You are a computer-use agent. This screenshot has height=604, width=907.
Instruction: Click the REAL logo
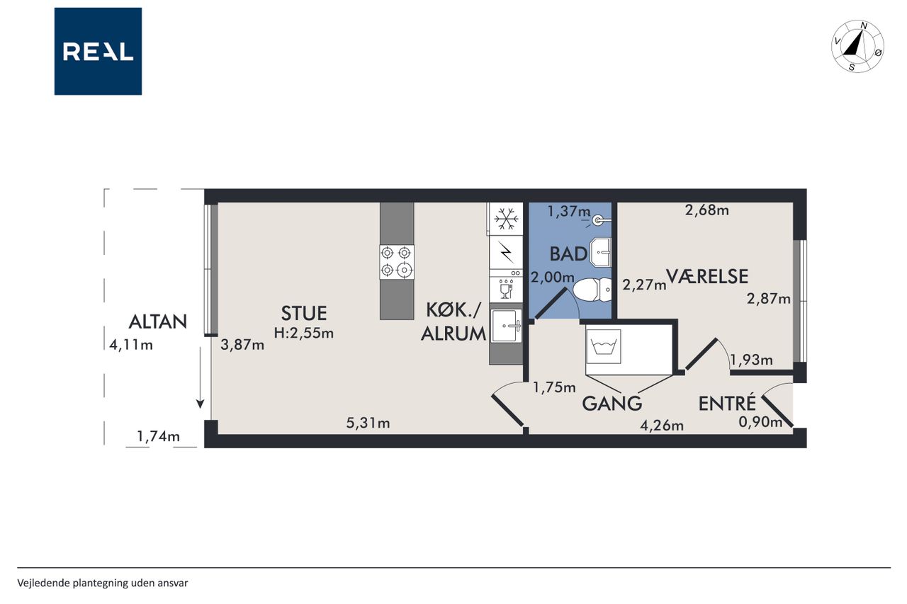pyautogui.click(x=98, y=52)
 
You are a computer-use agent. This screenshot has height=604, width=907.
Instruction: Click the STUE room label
pyautogui.click(x=304, y=314)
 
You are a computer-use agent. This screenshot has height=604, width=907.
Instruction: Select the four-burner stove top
pyautogui.click(x=397, y=262)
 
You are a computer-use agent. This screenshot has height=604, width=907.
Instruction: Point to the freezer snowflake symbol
pyautogui.click(x=506, y=219)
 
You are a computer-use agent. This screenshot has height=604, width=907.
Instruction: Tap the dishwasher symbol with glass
pyautogui.click(x=506, y=289)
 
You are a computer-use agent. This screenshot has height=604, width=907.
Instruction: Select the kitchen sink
pyautogui.click(x=506, y=326)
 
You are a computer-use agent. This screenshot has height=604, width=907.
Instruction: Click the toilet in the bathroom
pyautogui.click(x=592, y=290)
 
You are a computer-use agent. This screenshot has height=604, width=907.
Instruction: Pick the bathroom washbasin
pyautogui.click(x=601, y=252)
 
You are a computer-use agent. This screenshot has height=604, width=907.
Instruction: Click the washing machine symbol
pyautogui.click(x=603, y=346)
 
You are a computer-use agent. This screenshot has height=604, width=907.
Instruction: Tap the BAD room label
pyautogui.click(x=568, y=254)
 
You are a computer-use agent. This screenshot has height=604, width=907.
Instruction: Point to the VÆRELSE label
pyautogui.click(x=707, y=277)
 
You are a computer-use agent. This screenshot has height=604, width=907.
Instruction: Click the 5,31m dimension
pyautogui.click(x=368, y=423)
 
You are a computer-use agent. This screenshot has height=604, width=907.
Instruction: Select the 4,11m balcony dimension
pyautogui.click(x=131, y=345)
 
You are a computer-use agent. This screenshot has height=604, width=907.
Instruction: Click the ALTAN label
pyautogui.click(x=157, y=322)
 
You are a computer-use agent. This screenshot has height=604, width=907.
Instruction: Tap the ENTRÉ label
pyautogui.click(x=727, y=403)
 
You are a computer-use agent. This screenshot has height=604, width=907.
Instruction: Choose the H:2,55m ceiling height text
pyautogui.click(x=304, y=334)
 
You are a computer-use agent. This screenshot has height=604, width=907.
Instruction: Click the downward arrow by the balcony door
pyautogui.click(x=200, y=377)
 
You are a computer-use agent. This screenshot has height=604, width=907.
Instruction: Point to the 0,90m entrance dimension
pyautogui.click(x=760, y=422)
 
